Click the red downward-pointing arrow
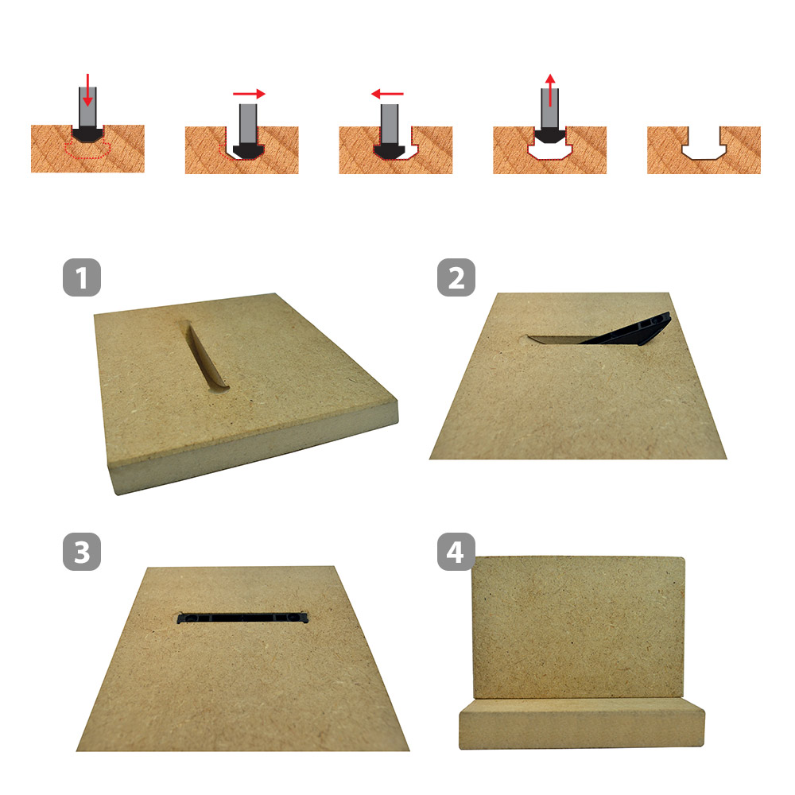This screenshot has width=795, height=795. [x=87, y=90]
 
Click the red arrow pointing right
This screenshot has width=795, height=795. [x=249, y=94]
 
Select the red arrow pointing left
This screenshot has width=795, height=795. [x=387, y=94]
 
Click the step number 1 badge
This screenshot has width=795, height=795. [x=82, y=277]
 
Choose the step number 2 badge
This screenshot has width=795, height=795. [x=456, y=277]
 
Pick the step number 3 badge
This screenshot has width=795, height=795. [x=82, y=552]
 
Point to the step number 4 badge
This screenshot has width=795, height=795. [x=456, y=552]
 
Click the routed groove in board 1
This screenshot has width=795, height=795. [x=205, y=358]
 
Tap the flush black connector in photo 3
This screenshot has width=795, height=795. [x=242, y=618]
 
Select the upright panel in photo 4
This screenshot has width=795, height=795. [x=579, y=628]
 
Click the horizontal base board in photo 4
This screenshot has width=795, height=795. [x=582, y=723]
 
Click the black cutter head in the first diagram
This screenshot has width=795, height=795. [x=87, y=134]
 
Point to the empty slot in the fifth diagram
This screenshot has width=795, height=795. [x=704, y=144]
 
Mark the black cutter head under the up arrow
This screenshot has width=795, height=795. [x=550, y=135]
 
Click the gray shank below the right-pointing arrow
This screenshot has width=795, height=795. [x=248, y=123]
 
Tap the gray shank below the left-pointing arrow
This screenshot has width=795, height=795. [x=390, y=123]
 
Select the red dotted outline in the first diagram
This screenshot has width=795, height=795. [x=87, y=150]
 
